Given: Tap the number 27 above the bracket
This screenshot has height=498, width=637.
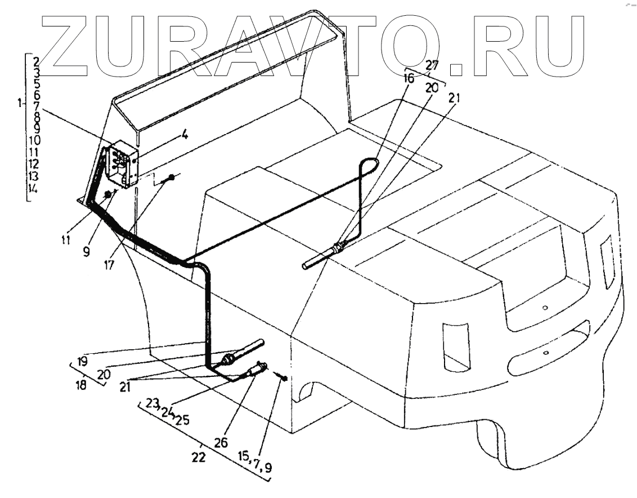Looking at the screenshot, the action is coord(432,64).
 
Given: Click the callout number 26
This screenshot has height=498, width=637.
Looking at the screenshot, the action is coord(222,442).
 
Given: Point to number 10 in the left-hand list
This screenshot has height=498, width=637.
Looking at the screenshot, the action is coord(34,140).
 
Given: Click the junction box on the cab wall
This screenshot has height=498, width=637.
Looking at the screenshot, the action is coord(123,164).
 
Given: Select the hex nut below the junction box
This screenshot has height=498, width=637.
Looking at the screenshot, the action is coord(106,195).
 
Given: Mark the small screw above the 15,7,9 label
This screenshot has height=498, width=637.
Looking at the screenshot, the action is coord(284,377).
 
